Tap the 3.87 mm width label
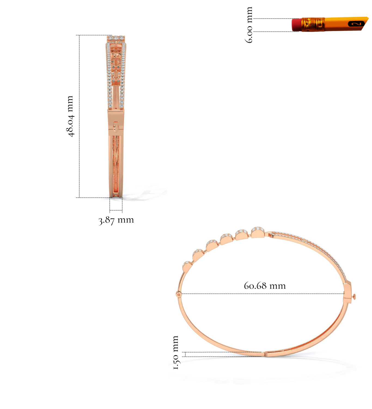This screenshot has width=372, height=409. tap(116, 220)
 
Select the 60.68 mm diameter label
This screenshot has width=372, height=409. tap(265, 286)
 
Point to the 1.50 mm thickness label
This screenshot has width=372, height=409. tap(175, 352)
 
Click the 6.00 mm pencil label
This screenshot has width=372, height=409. tap(249, 25)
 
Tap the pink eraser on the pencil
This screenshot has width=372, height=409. tap(296, 25)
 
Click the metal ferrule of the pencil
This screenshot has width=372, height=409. tap(313, 24)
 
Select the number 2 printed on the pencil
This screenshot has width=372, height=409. tap(356, 24)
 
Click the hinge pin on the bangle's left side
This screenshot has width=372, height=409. tap(179, 294)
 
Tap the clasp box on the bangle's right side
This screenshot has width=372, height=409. tap(347, 292)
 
